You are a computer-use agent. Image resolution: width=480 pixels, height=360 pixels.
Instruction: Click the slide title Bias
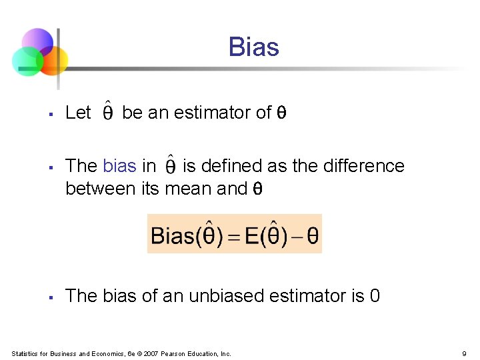tap(253, 47)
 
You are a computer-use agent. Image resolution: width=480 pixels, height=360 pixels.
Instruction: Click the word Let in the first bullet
tap(78, 113)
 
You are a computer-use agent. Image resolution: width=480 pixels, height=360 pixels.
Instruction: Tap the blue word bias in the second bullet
tap(119, 166)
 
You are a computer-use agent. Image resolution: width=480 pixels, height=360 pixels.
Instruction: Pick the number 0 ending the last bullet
tap(375, 296)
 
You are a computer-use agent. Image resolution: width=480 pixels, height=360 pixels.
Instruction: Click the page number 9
tap(463, 353)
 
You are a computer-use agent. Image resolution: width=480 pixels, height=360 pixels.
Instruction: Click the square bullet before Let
tap(51, 114)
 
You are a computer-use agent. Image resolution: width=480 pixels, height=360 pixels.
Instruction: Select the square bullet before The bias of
tap(51, 297)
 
